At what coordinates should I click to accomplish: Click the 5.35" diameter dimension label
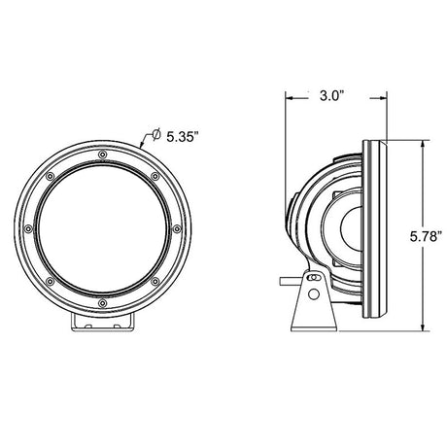tap(182, 137)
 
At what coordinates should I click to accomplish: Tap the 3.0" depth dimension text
tap(331, 96)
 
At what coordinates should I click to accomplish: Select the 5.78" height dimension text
tap(427, 236)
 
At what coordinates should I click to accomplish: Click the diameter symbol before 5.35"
tap(156, 134)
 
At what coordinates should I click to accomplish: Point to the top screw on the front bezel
tap(103, 155)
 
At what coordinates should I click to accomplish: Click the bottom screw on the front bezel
tap(103, 303)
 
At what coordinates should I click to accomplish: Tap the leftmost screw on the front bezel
tap(28, 229)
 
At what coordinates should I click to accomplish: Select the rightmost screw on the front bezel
tap(177, 229)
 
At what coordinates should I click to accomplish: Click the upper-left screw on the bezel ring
tap(50, 176)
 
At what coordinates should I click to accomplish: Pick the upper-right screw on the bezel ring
tap(155, 176)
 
